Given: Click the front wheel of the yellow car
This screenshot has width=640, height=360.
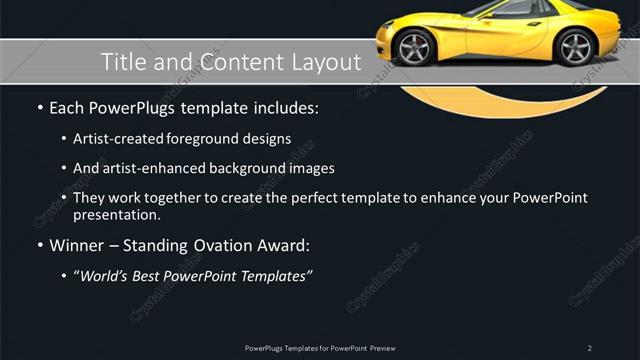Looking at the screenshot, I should pyautogui.click(x=413, y=47).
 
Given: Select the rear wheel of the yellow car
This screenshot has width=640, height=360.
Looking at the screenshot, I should pyautogui.click(x=575, y=46).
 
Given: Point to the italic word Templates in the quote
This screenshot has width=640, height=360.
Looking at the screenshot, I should pyautogui.click(x=272, y=276).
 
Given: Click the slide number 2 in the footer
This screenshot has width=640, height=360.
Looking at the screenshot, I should pyautogui.click(x=590, y=348).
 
